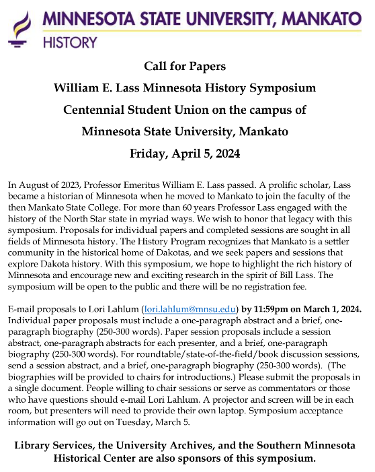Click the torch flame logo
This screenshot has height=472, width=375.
[21, 26]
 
